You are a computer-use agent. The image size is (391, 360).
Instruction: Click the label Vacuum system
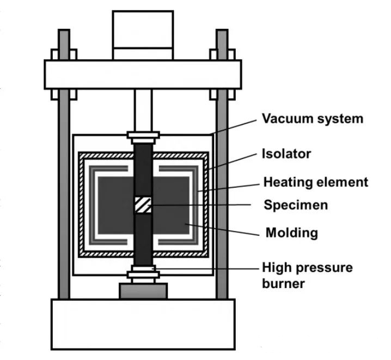(313, 119)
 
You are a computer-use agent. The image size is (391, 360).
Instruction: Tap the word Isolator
(286, 154)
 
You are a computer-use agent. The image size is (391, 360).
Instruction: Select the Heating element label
(316, 182)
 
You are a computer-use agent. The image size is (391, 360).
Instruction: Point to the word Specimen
(296, 205)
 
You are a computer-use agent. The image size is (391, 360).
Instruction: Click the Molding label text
(292, 233)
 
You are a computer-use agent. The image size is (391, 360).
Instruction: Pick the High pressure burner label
(307, 275)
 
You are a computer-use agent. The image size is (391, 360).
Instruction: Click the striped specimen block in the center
(143, 205)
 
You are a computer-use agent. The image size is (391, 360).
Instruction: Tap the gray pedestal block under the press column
(143, 291)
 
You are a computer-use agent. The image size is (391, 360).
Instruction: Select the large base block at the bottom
(143, 325)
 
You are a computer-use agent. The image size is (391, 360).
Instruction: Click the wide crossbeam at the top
(143, 75)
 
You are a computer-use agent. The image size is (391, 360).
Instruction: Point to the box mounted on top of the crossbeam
(143, 35)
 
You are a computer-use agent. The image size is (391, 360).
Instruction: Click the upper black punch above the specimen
(143, 170)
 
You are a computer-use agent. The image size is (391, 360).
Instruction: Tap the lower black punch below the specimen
(143, 239)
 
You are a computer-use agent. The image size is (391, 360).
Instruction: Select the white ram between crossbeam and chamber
(143, 110)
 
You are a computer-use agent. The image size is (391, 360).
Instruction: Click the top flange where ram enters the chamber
(143, 135)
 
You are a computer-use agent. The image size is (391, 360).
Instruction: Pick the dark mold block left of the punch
(116, 205)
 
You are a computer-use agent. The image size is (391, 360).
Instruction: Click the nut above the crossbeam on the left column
(64, 54)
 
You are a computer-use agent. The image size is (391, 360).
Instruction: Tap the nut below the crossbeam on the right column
(222, 94)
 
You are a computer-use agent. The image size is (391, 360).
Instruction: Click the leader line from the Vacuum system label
(234, 127)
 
